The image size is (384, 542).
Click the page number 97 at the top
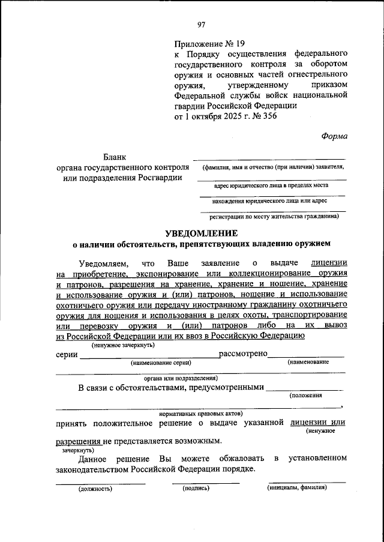(x=201, y=24)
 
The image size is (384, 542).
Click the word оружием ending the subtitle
(x=311, y=244)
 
